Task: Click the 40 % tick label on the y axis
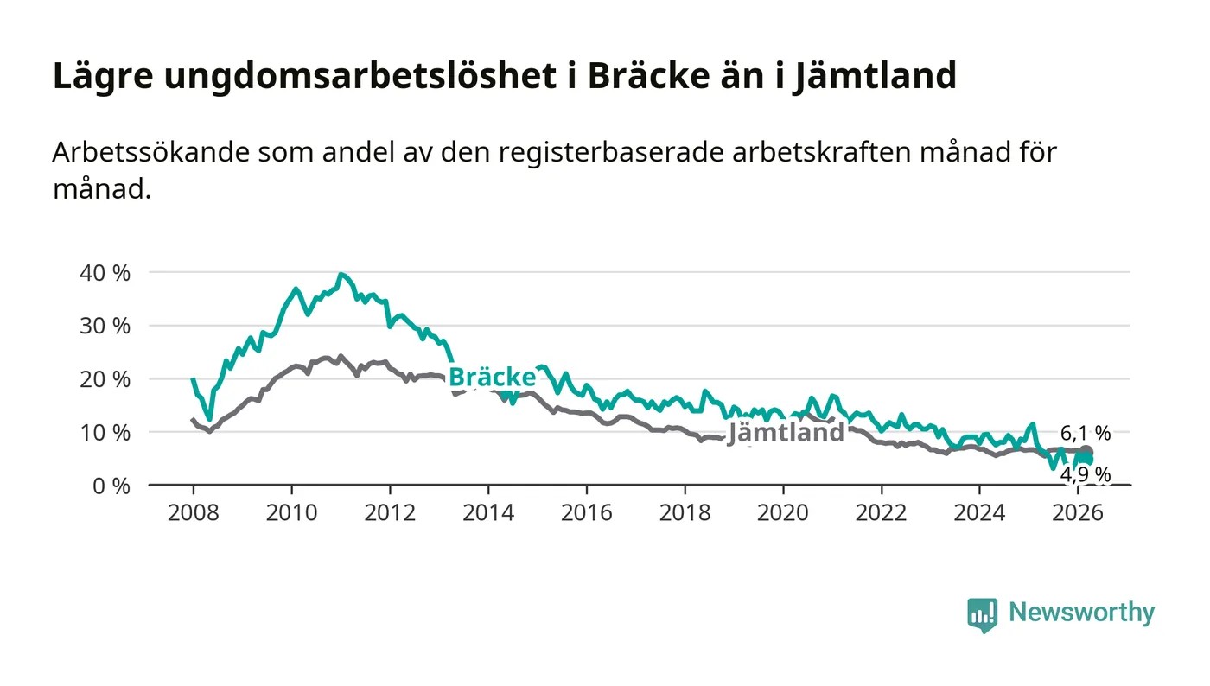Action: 105,273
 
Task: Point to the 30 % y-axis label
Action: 105,327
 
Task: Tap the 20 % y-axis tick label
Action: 105,379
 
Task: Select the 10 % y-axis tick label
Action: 105,433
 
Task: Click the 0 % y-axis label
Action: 111,486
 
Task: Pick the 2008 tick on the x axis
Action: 192,512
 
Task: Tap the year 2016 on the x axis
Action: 586,512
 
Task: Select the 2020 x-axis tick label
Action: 782,512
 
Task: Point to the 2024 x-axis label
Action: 979,512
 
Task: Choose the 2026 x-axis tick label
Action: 1077,512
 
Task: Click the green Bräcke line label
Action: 492,378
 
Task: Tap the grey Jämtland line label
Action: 785,433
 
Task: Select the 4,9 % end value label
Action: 1086,474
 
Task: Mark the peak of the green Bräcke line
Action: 341,275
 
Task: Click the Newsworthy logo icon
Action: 982,614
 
